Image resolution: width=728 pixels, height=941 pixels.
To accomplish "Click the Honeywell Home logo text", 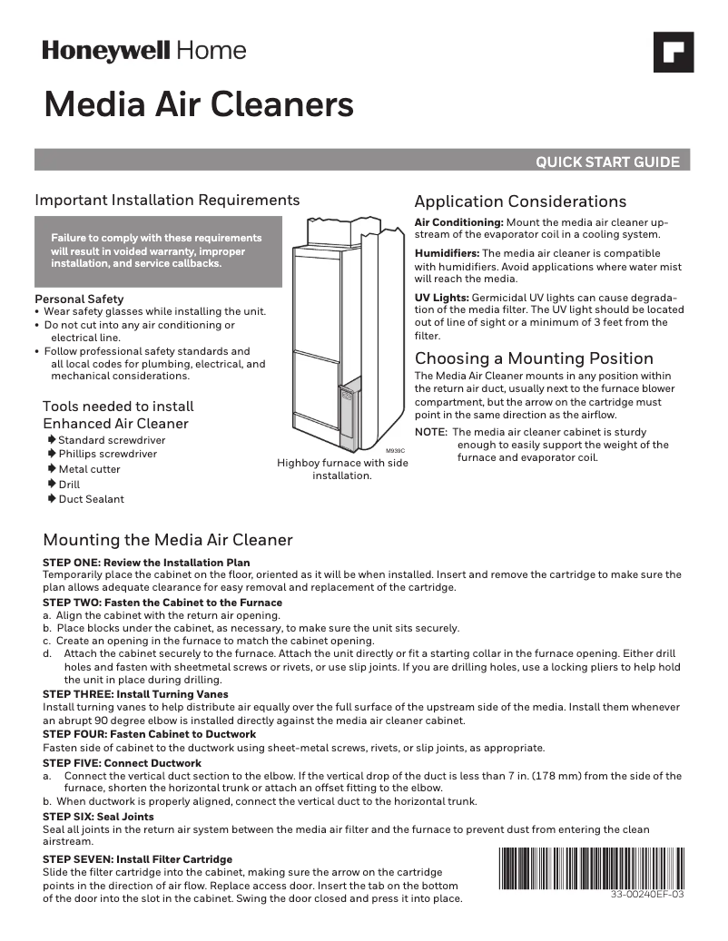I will pos(143,52).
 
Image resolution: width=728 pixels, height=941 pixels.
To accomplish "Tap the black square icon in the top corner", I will pos(674,52).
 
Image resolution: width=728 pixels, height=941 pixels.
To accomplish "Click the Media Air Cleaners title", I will pos(199,105).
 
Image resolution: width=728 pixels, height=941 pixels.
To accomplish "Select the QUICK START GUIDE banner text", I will pos(607,162).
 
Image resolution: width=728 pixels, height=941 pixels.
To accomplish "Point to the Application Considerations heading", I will pos(520,201).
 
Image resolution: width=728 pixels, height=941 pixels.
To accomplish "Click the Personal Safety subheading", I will pos(79,299).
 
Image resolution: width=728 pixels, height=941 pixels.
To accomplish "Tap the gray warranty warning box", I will pos(158,250).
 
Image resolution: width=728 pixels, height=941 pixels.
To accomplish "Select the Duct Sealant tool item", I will pos(91,499).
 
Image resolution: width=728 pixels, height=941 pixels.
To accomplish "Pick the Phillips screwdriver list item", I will pos(107,454).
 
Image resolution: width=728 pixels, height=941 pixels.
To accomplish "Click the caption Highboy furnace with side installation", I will pos(342,469).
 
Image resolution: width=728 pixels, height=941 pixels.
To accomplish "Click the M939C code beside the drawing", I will pos(395,451).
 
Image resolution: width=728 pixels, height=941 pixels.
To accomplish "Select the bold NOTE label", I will pos(430,432).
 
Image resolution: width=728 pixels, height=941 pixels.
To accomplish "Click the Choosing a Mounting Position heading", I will pos(534,358).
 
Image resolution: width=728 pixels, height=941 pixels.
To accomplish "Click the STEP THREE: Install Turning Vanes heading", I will pos(135,694).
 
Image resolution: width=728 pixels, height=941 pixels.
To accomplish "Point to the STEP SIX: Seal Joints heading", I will pos(98,817).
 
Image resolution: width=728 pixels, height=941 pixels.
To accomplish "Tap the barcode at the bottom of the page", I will pos(591,867).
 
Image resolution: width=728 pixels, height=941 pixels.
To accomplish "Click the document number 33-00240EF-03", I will pos(648,895).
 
